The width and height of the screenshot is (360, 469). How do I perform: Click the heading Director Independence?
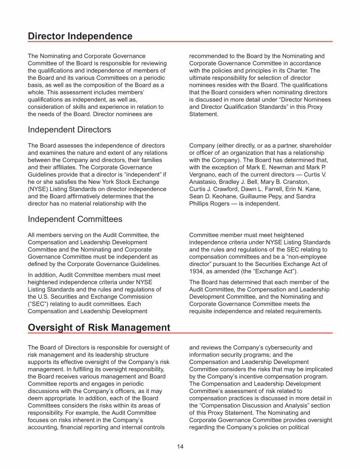pos(80,36)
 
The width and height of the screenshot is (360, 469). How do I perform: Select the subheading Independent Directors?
pos(69,129)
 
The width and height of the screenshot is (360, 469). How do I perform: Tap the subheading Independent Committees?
pos(75,219)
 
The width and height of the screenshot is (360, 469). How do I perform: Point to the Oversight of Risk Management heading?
pos(99,327)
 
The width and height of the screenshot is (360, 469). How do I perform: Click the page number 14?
pos(180,446)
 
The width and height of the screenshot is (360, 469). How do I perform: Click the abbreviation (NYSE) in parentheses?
pos(39,189)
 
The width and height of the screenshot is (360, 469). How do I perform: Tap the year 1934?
pos(198,272)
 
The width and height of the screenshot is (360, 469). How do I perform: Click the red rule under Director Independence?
pos(180,42)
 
